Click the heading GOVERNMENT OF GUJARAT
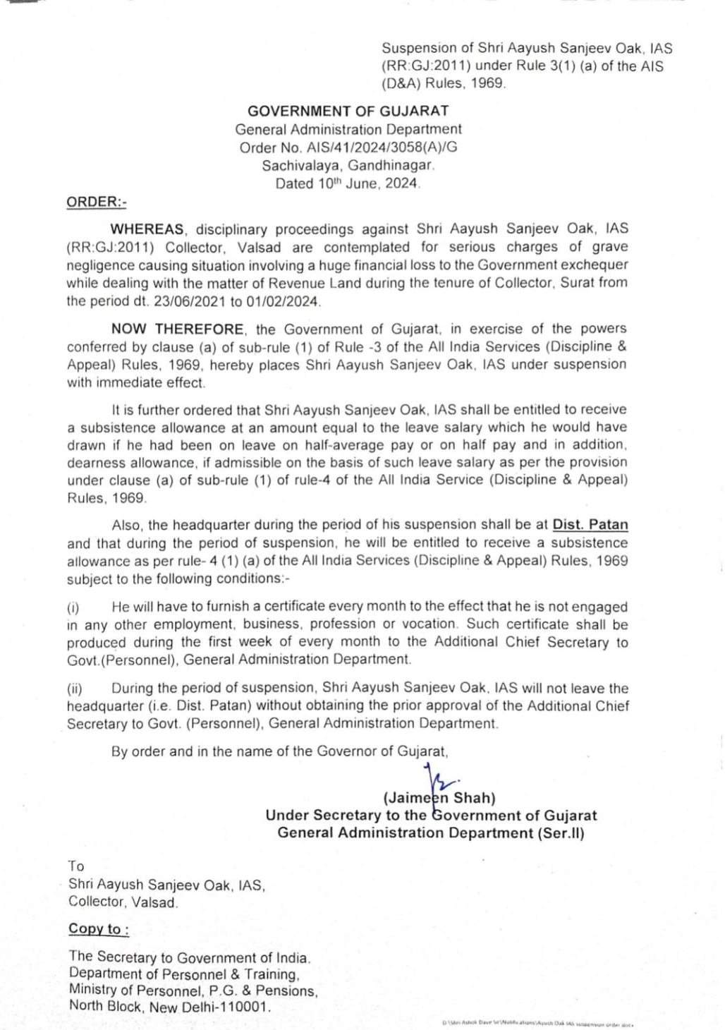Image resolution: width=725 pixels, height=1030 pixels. [348, 111]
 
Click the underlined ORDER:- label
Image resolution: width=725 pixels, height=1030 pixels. [97, 202]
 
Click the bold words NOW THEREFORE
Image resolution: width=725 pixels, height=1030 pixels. [178, 329]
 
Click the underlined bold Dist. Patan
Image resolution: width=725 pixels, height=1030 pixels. [590, 525]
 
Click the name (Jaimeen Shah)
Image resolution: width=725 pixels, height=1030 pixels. [439, 798]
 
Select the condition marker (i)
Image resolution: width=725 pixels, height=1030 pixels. [73, 607]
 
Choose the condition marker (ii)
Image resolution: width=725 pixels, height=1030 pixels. [75, 689]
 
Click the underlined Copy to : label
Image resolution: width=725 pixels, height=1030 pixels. [99, 929]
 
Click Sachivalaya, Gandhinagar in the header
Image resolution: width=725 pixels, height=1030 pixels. [348, 166]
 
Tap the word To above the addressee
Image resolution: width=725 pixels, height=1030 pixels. [76, 866]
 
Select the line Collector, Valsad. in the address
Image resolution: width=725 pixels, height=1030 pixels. [123, 902]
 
